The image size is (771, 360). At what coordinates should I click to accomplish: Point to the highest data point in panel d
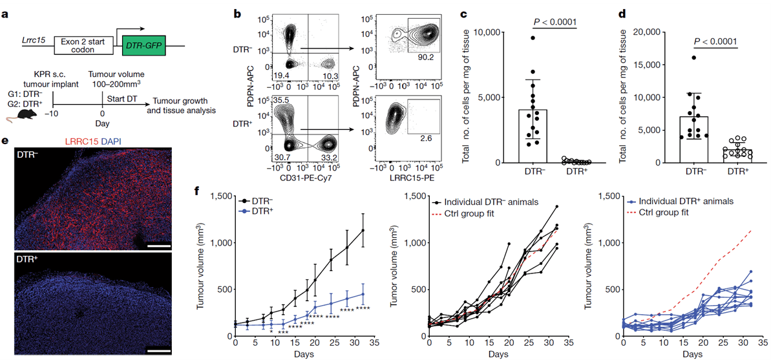tap(693, 58)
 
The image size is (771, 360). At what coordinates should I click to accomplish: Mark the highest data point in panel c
tap(533, 38)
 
